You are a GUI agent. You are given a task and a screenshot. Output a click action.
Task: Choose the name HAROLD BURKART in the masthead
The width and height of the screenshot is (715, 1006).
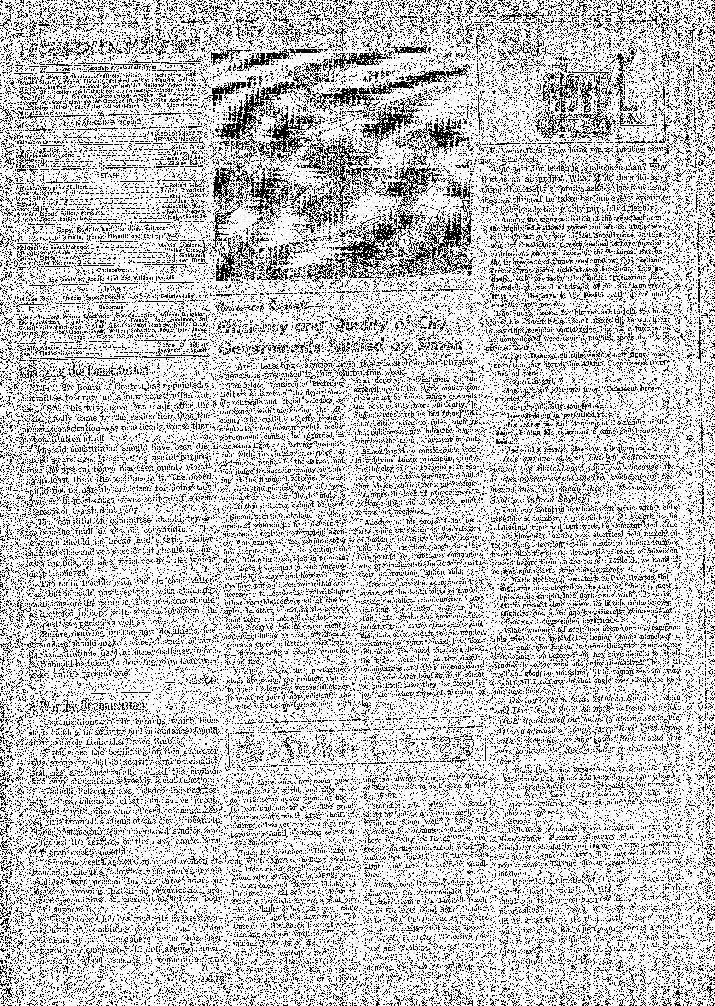click(x=177, y=133)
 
